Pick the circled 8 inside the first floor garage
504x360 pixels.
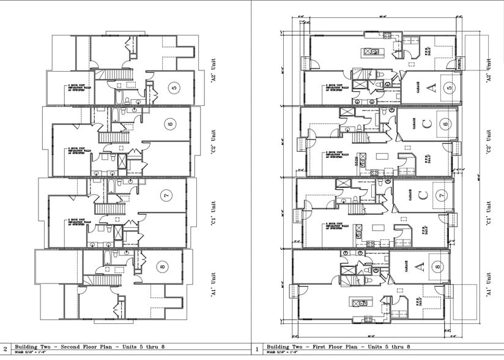[438, 266]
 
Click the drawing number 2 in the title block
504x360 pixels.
[6, 349]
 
